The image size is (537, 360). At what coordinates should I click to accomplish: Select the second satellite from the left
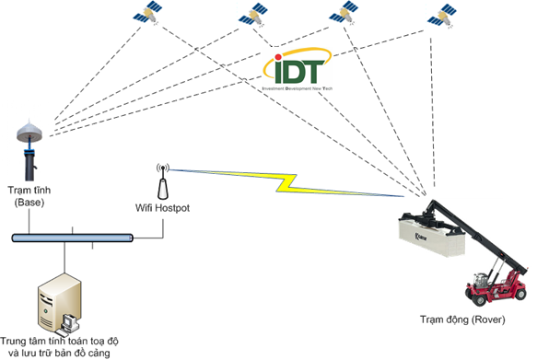click(x=251, y=15)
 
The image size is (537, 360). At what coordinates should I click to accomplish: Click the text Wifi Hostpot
click(x=162, y=208)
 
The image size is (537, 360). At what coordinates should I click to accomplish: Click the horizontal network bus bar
click(x=74, y=238)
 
